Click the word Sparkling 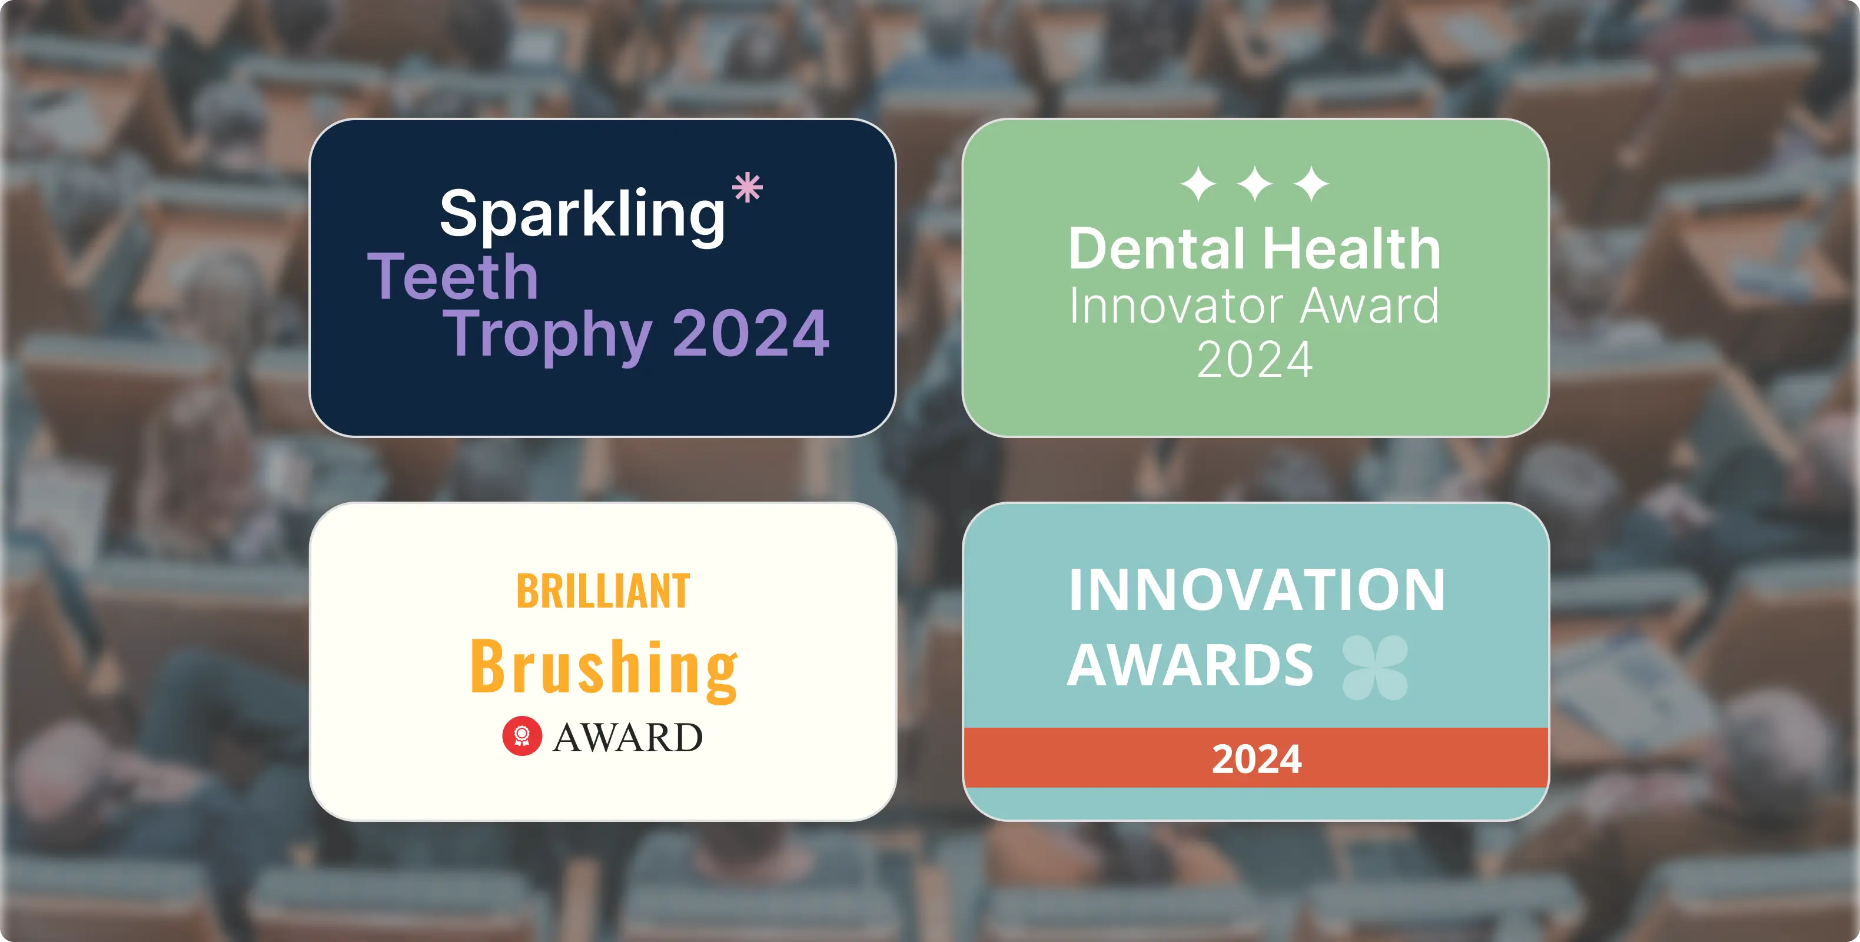(x=582, y=214)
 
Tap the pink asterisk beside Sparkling (x=748, y=188)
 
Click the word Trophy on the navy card (x=547, y=335)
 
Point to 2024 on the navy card (x=751, y=333)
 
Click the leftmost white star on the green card (x=1198, y=184)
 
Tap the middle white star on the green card (x=1255, y=184)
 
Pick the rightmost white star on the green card (x=1311, y=184)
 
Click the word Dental (x=1157, y=248)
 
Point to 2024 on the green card (x=1255, y=360)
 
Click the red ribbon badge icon (x=522, y=736)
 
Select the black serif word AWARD (x=627, y=738)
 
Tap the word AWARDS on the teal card (x=1190, y=665)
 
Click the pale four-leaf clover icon (x=1375, y=668)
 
